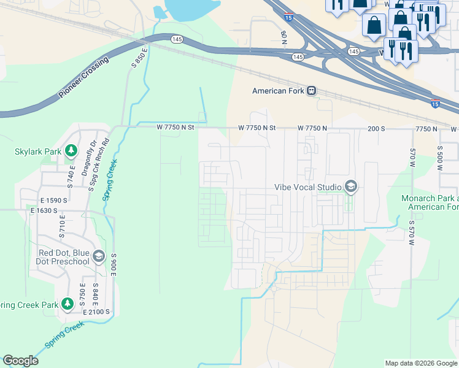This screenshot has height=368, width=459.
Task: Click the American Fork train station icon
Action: (x=312, y=91)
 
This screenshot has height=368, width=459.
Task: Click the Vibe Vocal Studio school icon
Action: (x=350, y=186)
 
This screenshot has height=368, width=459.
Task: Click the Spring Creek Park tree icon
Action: (x=67, y=305)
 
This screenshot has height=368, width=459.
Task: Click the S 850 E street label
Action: (x=139, y=56)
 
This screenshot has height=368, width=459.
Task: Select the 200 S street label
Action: (x=376, y=128)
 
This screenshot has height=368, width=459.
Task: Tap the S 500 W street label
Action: (x=440, y=158)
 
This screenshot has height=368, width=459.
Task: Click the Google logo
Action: (x=20, y=361)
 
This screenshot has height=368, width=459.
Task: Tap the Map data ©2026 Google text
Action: (x=420, y=363)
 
